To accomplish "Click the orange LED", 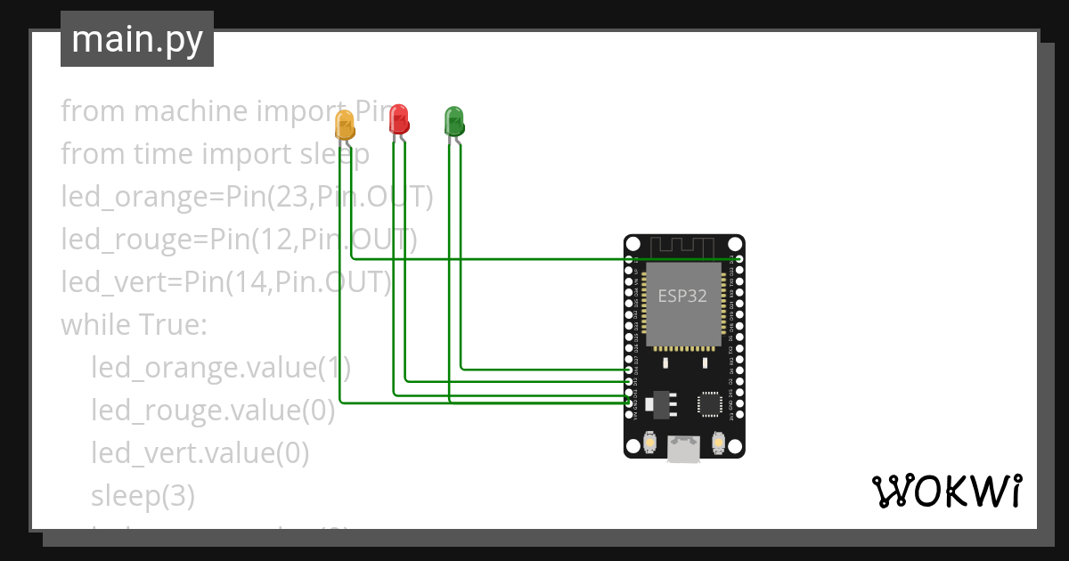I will pyautogui.click(x=345, y=125).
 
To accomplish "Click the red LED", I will pyautogui.click(x=399, y=118).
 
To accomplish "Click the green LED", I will pyautogui.click(x=454, y=120).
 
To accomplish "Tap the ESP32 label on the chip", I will pyautogui.click(x=682, y=297).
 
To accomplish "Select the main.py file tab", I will pyautogui.click(x=137, y=39).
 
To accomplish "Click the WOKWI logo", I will pyautogui.click(x=946, y=491).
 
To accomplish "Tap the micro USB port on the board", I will pyautogui.click(x=684, y=450).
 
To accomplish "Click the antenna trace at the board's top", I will pyautogui.click(x=683, y=247).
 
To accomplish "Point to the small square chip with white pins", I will pyautogui.click(x=710, y=403).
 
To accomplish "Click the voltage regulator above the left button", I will pyautogui.click(x=658, y=403).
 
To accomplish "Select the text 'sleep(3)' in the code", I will pyautogui.click(x=143, y=496).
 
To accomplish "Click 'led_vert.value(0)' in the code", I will pyautogui.click(x=200, y=453).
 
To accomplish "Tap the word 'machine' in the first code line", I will pyautogui.click(x=191, y=111).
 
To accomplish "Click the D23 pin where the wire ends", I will pyautogui.click(x=739, y=259).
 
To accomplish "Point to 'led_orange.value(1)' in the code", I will pyautogui.click(x=221, y=368).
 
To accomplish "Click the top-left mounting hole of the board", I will pyautogui.click(x=633, y=244).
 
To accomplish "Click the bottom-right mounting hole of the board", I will pyautogui.click(x=735, y=450).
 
